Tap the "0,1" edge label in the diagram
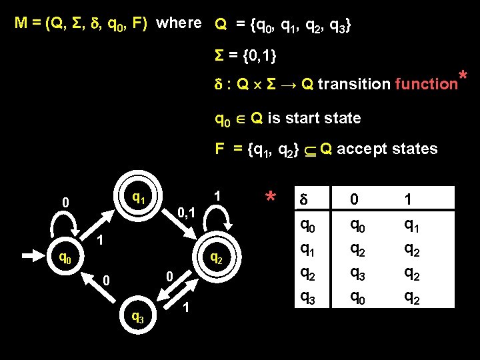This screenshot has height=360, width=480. pyautogui.click(x=185, y=213)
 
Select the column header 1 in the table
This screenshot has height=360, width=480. pyautogui.click(x=409, y=199)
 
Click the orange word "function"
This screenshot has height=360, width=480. pyautogui.click(x=425, y=85)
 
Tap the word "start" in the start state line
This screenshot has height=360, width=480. pyautogui.click(x=313, y=119)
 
